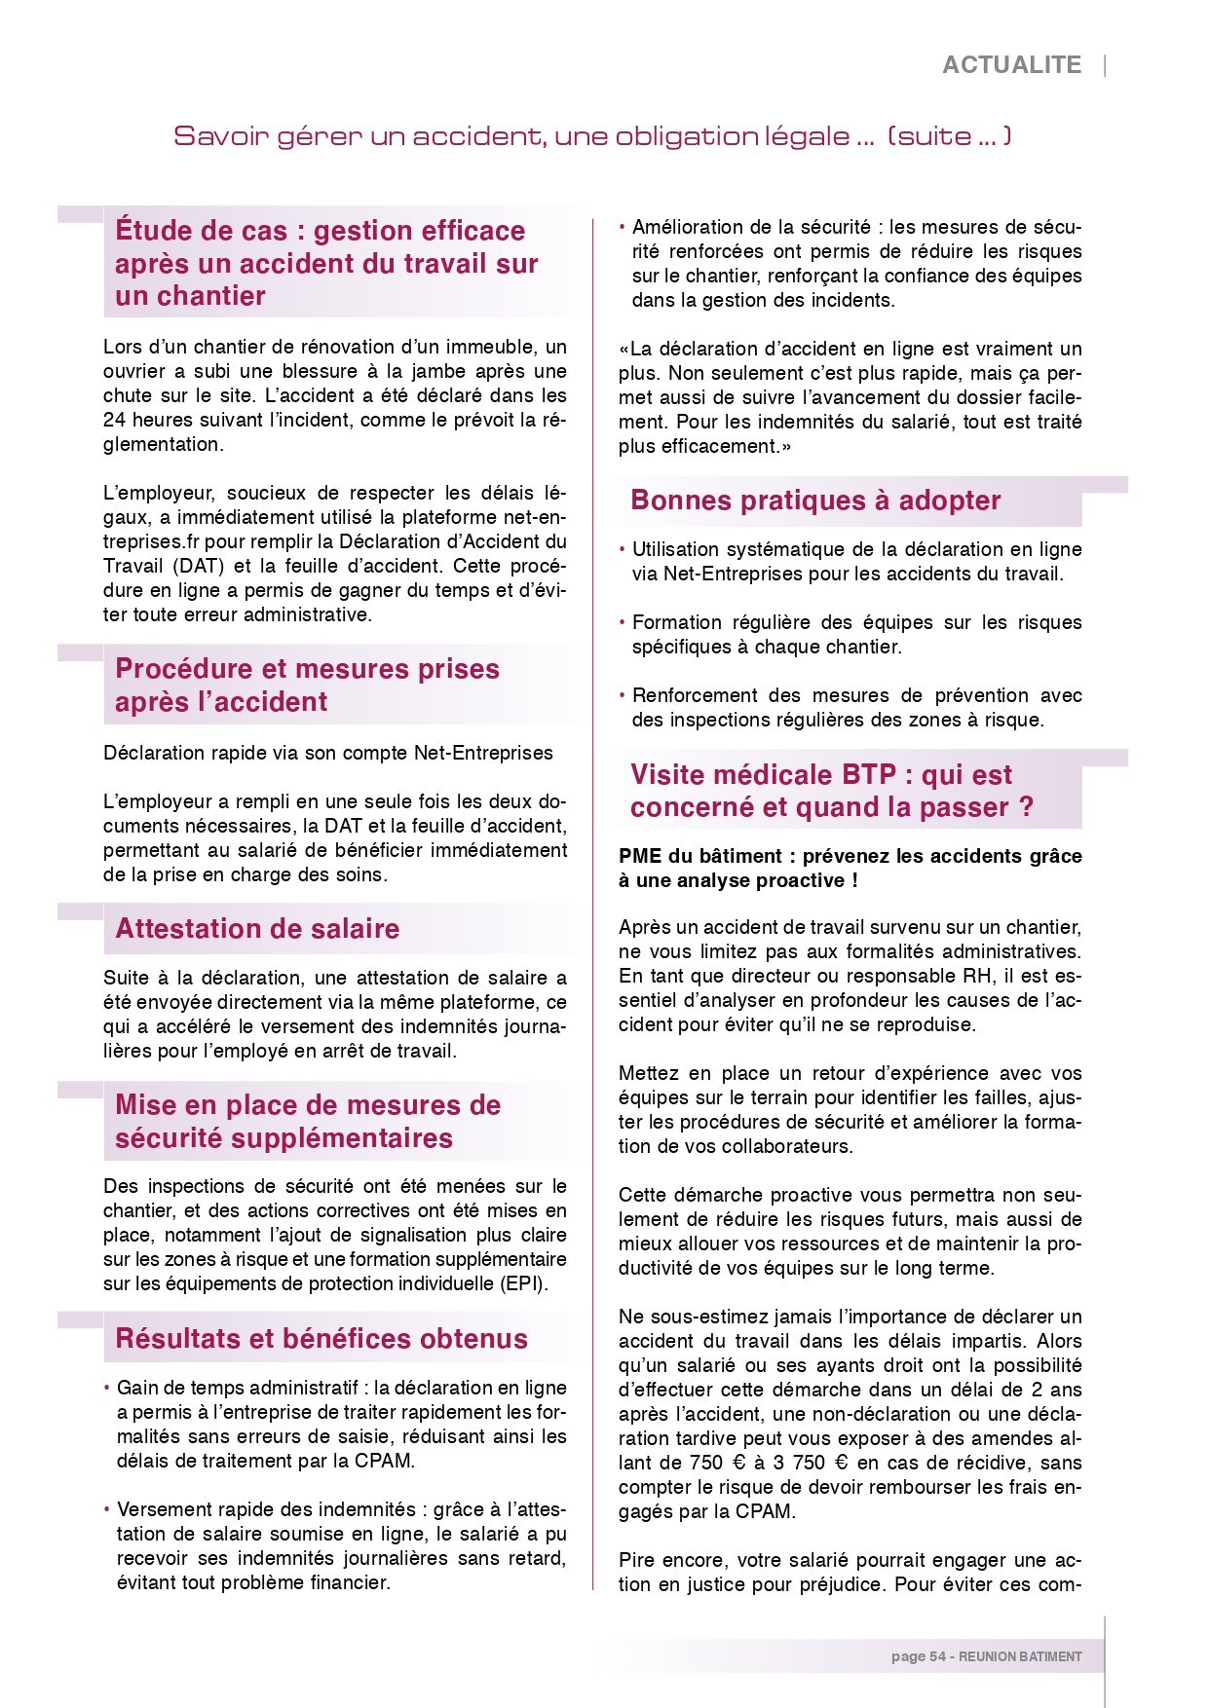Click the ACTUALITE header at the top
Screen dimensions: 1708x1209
click(x=1011, y=65)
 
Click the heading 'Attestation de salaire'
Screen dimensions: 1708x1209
click(x=257, y=929)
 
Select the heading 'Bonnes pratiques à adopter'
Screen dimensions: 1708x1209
click(x=815, y=501)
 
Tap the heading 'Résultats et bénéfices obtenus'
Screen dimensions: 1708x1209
click(x=321, y=1339)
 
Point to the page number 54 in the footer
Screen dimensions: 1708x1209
click(x=937, y=1656)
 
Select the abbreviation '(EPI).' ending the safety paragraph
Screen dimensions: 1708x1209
click(x=526, y=1283)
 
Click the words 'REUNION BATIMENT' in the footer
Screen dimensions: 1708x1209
click(x=1020, y=1656)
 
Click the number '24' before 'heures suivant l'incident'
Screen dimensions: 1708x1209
click(x=114, y=420)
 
